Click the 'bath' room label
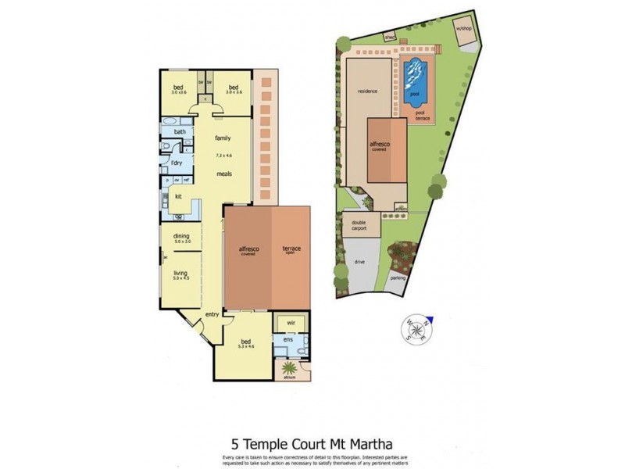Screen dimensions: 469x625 click(x=180, y=132)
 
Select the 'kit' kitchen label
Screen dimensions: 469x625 click(x=178, y=195)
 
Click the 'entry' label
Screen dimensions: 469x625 click(x=212, y=314)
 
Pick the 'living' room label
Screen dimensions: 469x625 click(x=181, y=273)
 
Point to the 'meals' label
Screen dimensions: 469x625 click(x=224, y=174)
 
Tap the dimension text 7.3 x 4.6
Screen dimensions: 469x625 click(x=224, y=156)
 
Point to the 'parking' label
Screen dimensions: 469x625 click(x=398, y=277)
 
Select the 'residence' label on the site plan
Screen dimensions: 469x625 click(x=367, y=91)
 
